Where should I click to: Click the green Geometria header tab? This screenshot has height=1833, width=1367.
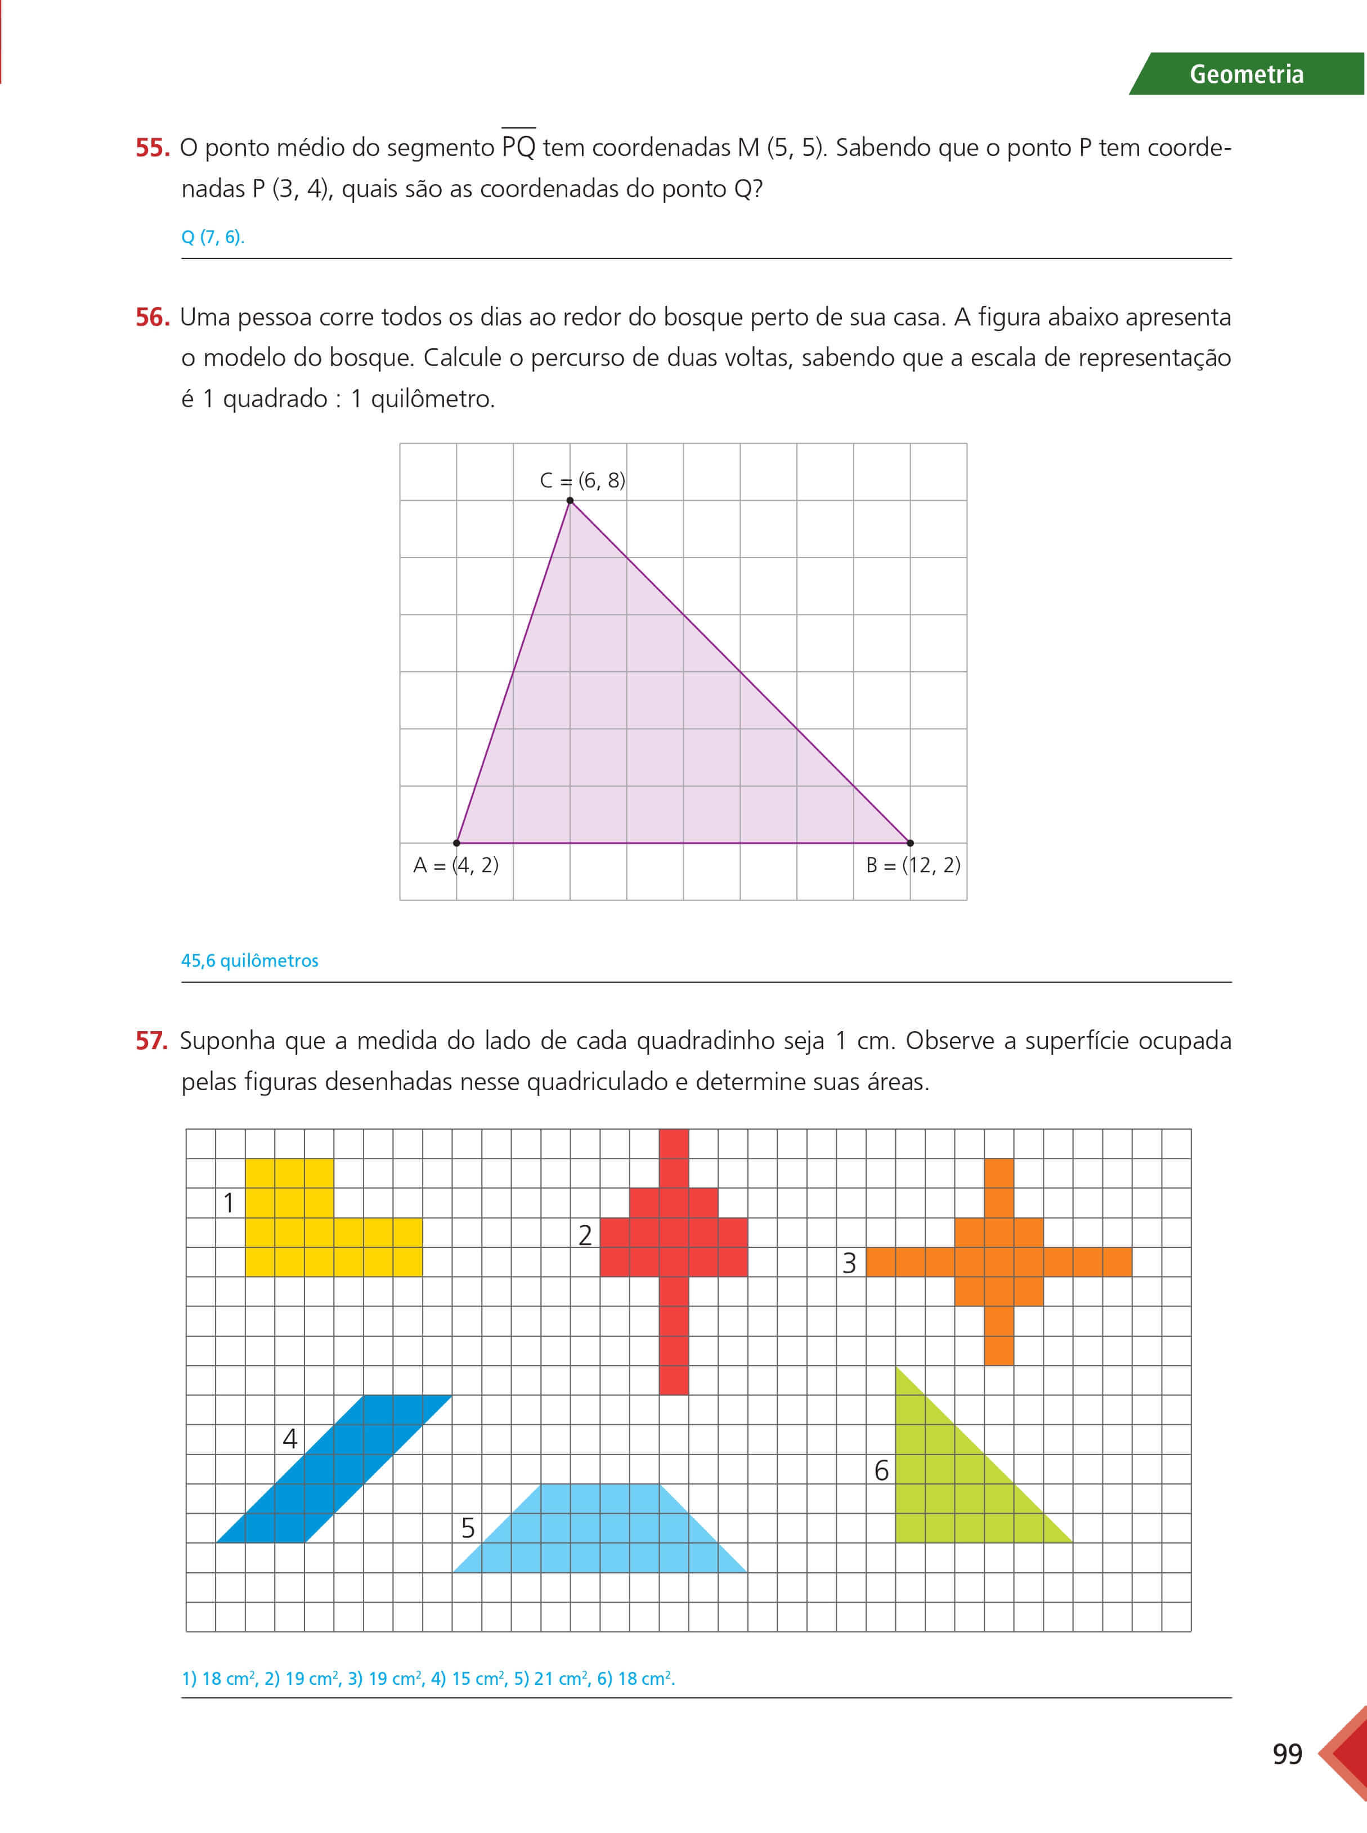tap(1246, 74)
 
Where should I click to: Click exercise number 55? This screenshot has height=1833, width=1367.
tap(153, 148)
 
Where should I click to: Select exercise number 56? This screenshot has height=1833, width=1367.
tap(153, 317)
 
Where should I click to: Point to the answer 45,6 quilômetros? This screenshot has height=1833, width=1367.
tap(249, 960)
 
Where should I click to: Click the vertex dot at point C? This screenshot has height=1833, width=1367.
tap(570, 500)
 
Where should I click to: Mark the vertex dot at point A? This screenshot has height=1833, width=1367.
tap(457, 843)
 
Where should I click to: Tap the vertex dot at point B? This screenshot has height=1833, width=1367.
tap(910, 843)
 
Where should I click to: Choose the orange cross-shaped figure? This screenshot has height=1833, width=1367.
tap(999, 1262)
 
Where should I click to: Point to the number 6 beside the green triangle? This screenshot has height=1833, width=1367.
tap(881, 1470)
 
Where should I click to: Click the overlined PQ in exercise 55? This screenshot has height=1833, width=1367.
tap(519, 148)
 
